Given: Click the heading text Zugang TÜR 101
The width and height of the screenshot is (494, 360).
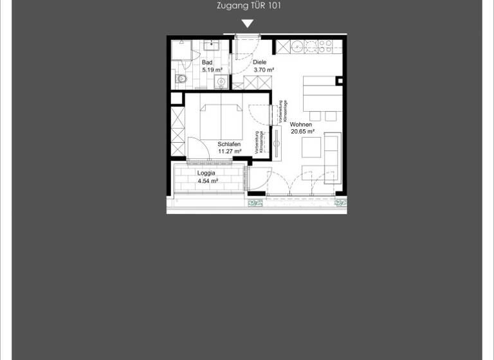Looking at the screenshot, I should click(x=250, y=6).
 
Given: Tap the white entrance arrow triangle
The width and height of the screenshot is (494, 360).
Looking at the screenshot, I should click(x=247, y=24).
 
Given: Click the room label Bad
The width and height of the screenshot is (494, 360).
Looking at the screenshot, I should click(x=207, y=62).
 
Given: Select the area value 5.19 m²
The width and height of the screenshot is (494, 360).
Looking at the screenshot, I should click(x=212, y=69).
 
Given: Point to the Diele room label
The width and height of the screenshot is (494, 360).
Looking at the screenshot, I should click(x=259, y=62).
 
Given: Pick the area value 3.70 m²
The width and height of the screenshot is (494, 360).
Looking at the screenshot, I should click(x=264, y=69).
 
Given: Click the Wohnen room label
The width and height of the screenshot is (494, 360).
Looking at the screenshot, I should click(x=301, y=124).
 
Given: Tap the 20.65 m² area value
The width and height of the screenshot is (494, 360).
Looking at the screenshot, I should click(x=302, y=131).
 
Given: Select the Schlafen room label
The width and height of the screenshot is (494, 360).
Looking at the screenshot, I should click(x=229, y=144).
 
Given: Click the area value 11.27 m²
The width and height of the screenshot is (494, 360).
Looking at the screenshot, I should click(x=230, y=151).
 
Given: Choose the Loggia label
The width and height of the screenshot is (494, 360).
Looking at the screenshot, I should click(x=206, y=173).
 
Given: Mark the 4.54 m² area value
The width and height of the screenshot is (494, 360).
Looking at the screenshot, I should click(x=208, y=181).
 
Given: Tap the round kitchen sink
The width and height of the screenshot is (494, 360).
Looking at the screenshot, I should click(x=297, y=46).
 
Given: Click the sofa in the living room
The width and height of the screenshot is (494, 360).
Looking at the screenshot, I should click(x=333, y=156).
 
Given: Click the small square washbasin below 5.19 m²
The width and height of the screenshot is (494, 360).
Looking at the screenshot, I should click(x=221, y=81).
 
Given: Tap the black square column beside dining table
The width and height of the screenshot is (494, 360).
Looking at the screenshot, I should click(x=340, y=80).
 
